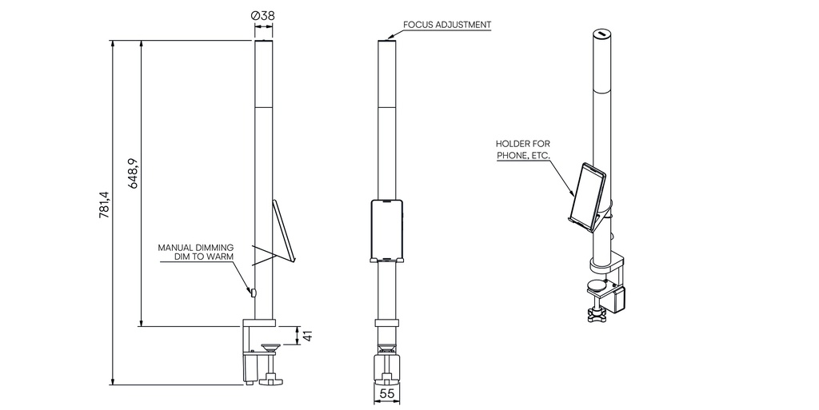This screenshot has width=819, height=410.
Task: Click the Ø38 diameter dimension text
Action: tap(264, 15)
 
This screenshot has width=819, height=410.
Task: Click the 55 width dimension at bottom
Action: tap(387, 394)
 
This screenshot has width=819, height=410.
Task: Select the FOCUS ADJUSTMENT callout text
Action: tap(446, 25)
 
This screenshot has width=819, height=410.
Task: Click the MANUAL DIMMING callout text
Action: tap(195, 248)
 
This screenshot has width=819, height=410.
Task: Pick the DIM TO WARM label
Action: tap(204, 257)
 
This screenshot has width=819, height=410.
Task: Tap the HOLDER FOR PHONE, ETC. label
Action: tap(523, 149)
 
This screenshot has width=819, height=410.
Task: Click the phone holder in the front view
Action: tap(387, 231)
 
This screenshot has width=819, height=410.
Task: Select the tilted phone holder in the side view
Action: tap(284, 230)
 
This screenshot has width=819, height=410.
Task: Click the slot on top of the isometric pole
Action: tap(601, 34)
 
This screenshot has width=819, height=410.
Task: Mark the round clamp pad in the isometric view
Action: tap(597, 285)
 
